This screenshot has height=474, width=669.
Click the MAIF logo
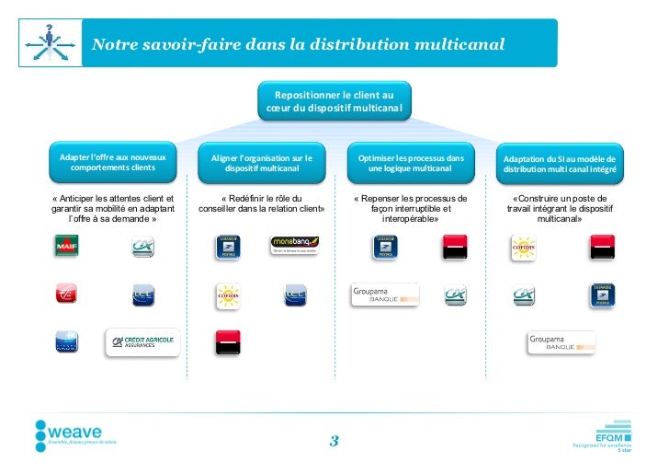67,247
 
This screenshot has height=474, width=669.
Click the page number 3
334,442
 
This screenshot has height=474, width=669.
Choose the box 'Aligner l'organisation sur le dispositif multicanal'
262,164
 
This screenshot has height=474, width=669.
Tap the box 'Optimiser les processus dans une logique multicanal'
411,164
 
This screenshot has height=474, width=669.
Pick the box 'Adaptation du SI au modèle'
560,164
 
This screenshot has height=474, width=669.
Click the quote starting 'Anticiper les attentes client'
113,209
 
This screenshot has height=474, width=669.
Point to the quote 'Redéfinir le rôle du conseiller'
262,203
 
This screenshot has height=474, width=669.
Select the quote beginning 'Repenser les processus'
411,209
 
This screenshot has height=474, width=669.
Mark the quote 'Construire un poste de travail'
560,209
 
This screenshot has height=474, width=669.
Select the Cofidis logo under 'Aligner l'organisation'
228,295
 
